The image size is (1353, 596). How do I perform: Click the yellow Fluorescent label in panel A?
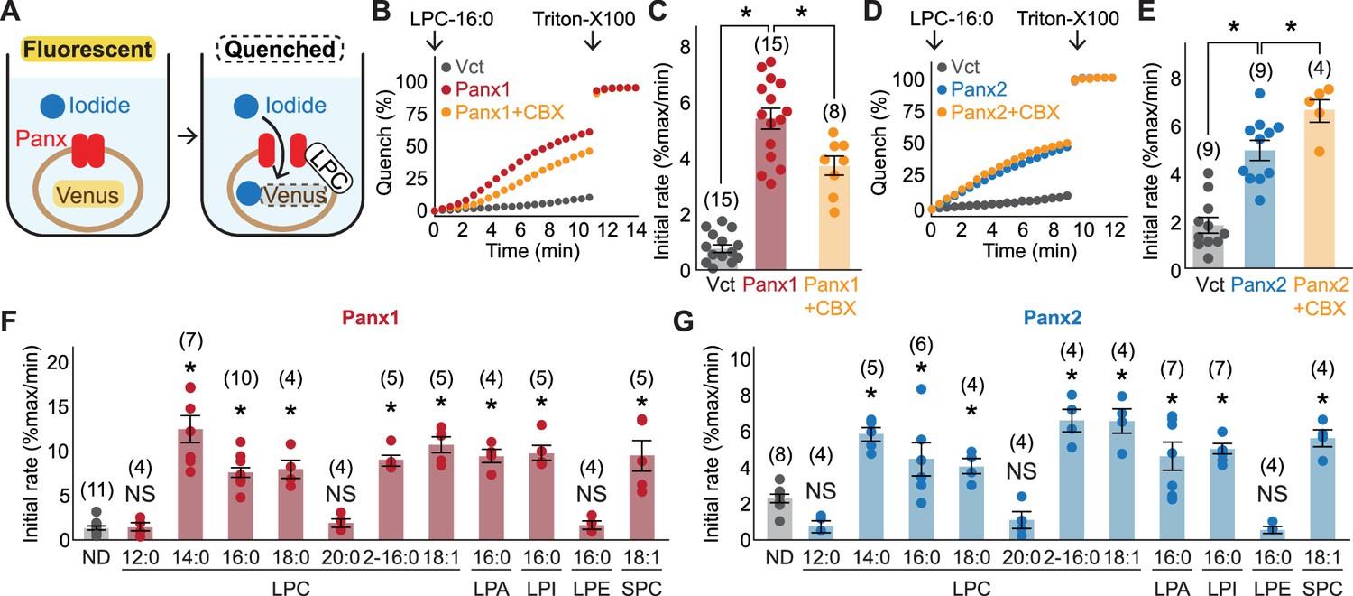88,50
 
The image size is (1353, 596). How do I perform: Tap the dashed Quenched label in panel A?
281,50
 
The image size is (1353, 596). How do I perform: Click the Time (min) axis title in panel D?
1030,250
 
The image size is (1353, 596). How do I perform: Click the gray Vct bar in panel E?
1209,247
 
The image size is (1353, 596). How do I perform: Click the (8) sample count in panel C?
833,112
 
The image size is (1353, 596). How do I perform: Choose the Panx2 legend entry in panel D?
971,89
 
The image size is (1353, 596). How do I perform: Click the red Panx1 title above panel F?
370,318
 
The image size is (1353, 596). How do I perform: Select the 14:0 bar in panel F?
190,484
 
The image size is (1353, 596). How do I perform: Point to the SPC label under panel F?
641,587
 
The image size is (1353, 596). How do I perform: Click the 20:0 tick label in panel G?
1021,557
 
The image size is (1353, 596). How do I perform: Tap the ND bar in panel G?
779,519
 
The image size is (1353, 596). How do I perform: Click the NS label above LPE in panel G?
1273,494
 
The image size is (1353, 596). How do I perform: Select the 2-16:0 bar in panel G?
1072,480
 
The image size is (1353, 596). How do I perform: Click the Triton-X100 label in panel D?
1068,19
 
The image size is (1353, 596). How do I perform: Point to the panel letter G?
685,323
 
